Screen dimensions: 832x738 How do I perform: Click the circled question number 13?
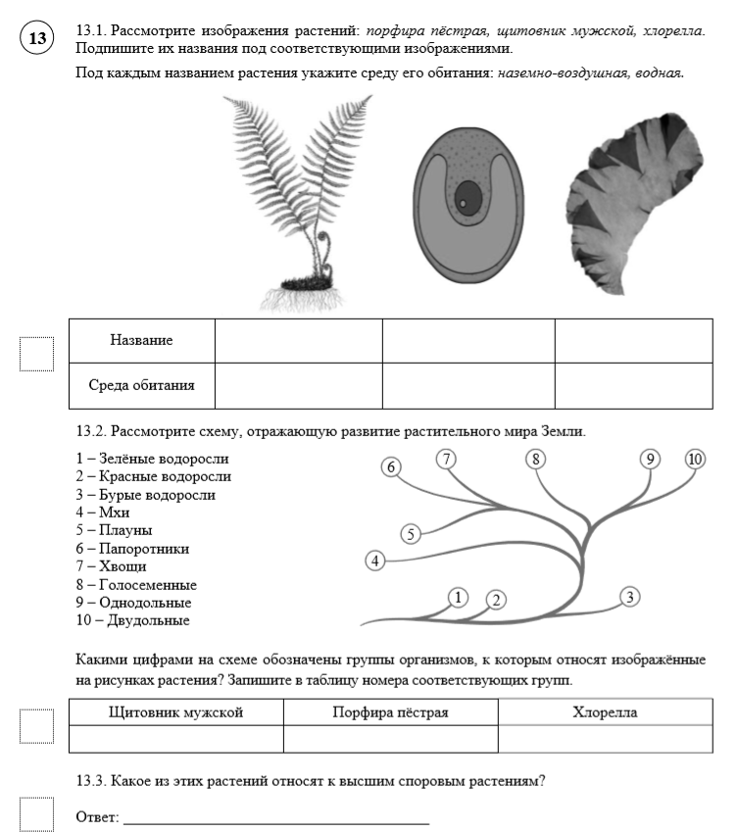tap(37, 39)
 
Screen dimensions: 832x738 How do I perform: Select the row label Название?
tap(141, 340)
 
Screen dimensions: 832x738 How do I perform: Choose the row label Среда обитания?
tap(141, 385)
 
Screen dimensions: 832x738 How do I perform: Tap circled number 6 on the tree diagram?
tap(392, 466)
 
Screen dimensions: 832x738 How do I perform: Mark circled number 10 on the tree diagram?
tap(695, 459)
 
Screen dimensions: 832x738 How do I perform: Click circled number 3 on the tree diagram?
tap(630, 596)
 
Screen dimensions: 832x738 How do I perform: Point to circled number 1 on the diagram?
tap(458, 596)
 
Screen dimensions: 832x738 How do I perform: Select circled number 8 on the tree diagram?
tap(535, 459)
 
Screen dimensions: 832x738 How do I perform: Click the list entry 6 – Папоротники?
tap(132, 549)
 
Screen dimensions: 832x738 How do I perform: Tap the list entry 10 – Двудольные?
tap(132, 620)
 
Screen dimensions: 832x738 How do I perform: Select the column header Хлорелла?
tap(605, 712)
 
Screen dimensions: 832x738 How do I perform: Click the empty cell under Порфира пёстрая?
tap(390, 738)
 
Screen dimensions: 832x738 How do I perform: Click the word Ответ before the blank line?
tap(97, 816)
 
